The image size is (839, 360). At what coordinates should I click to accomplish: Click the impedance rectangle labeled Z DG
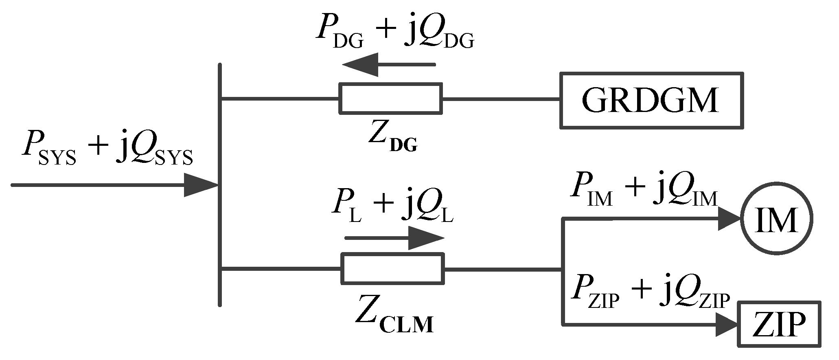click(391, 98)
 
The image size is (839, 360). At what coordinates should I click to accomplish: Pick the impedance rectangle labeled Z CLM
click(392, 268)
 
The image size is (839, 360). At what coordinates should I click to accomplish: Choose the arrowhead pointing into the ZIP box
click(727, 325)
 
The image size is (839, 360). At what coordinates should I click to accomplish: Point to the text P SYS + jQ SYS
click(107, 153)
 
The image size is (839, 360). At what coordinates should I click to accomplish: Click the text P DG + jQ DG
click(395, 35)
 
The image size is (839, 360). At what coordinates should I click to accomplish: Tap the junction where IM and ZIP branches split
click(563, 269)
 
